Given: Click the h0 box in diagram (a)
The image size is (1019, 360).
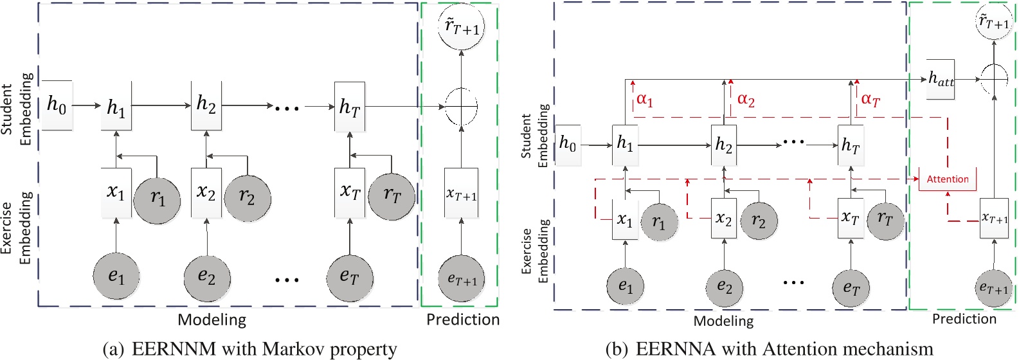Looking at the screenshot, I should (x=57, y=105).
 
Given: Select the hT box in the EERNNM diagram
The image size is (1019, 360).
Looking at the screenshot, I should (x=350, y=107).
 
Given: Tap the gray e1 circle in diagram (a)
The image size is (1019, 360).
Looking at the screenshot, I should (x=116, y=276).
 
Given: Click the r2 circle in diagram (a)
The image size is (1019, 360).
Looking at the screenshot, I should (x=247, y=197).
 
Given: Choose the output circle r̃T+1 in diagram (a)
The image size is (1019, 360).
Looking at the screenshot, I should (x=462, y=27).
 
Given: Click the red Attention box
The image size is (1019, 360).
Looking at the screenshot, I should (x=948, y=179).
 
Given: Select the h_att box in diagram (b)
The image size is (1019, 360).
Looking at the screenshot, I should (x=941, y=79).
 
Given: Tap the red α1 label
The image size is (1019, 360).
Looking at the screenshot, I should (x=645, y=100).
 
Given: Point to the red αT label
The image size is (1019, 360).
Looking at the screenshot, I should (x=870, y=100).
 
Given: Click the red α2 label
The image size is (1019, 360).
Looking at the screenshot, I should (x=746, y=100).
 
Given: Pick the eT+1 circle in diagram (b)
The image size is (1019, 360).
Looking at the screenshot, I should (x=993, y=289).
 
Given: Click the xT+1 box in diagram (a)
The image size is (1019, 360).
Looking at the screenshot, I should (x=462, y=194).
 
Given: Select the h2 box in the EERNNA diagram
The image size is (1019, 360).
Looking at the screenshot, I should (x=724, y=145).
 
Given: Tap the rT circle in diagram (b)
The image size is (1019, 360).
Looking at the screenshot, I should (x=885, y=221).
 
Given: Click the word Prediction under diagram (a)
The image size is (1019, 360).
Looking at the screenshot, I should (x=463, y=319).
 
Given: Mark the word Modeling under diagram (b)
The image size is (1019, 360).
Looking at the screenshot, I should (x=723, y=321).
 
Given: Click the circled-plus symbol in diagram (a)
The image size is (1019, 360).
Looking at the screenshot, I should (x=462, y=106).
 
